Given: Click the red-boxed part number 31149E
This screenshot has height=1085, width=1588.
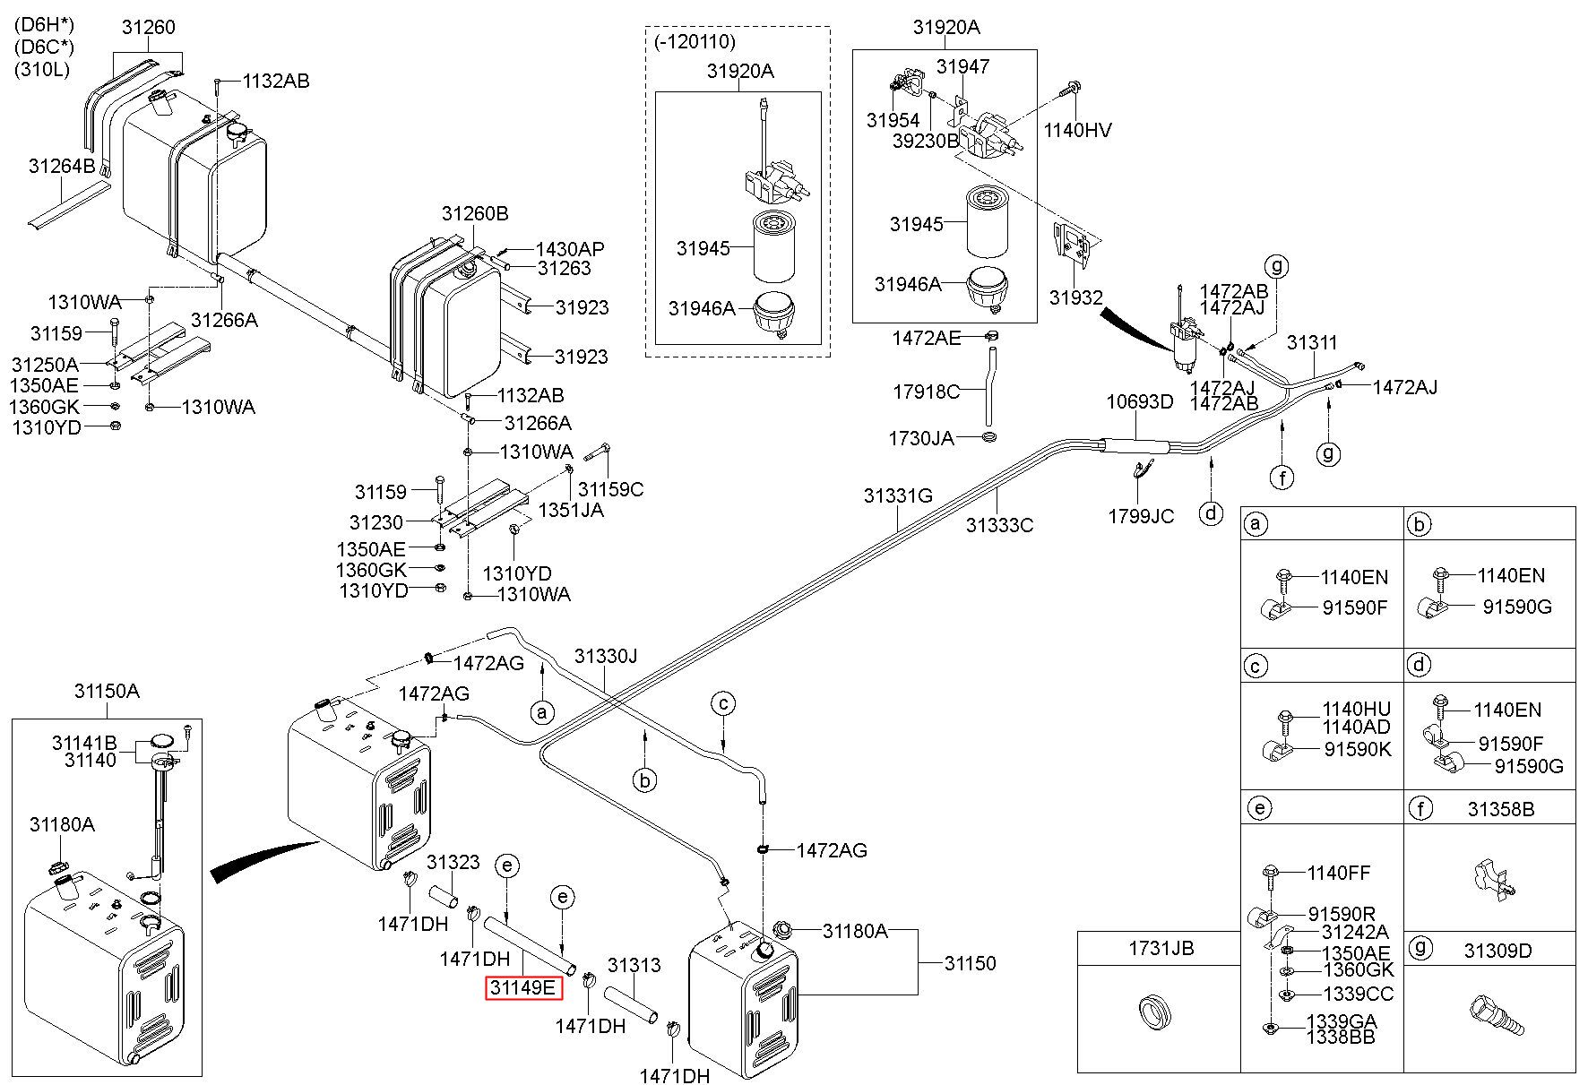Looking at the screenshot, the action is (x=523, y=988).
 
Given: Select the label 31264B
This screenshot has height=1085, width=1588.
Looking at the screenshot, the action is (x=62, y=166).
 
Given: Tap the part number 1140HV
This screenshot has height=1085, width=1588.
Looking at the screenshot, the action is (x=1077, y=131).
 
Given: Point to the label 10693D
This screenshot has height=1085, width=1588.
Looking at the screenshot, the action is (x=1139, y=401).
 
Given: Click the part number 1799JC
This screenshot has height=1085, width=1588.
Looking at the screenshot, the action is (x=1141, y=517).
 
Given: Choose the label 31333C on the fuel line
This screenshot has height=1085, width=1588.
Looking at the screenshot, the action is (x=999, y=525).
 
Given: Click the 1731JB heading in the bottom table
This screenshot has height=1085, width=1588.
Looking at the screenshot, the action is (x=1161, y=948).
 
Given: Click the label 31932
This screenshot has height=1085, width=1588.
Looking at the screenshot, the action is (x=1076, y=297).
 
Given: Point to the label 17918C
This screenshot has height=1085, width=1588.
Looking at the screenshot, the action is (x=927, y=392).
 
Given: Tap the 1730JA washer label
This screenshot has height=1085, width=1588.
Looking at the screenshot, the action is (x=921, y=438).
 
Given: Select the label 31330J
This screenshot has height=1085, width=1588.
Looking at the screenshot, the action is (x=606, y=657).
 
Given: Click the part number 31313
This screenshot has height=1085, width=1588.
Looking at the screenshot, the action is (x=634, y=965).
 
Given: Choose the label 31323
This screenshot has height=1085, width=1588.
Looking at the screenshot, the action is (x=453, y=863).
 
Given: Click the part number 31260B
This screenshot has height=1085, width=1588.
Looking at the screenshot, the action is (x=475, y=214).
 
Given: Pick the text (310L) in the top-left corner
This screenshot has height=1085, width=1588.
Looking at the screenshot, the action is (x=41, y=69).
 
